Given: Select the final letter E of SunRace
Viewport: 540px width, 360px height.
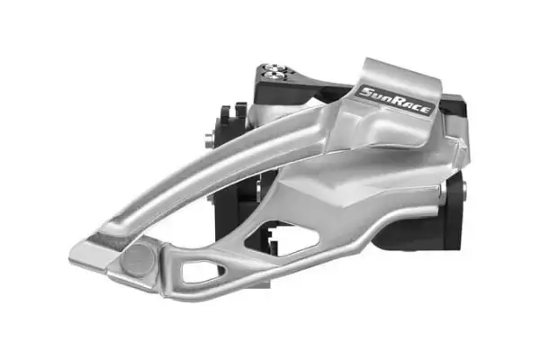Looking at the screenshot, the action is pyautogui.click(x=426, y=111).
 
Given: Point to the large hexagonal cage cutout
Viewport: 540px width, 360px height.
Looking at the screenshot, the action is pyautogui.click(x=283, y=238).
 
